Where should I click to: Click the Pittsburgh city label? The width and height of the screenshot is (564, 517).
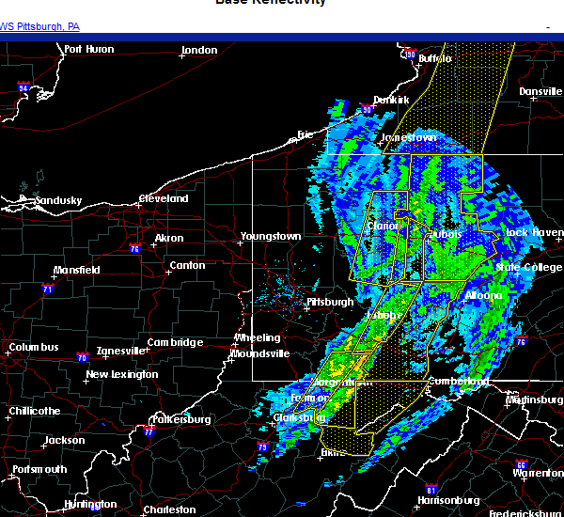[x=331, y=302]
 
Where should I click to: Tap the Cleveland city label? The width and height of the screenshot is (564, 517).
[x=164, y=199]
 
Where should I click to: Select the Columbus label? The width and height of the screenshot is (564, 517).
[x=34, y=348]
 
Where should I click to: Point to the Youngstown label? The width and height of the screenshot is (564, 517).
[x=271, y=236]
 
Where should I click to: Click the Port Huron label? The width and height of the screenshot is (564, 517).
[x=89, y=50]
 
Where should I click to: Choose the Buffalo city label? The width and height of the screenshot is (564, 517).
[x=435, y=58]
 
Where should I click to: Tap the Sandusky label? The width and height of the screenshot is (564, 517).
[x=58, y=200]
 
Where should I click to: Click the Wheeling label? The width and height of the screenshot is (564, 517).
[x=258, y=338]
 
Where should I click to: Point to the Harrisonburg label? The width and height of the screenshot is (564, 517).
[x=447, y=500]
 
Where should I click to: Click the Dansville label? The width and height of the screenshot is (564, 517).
[x=540, y=91]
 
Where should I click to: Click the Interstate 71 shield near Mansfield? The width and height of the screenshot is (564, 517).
[x=47, y=290]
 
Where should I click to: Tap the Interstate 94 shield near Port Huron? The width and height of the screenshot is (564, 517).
[x=23, y=86]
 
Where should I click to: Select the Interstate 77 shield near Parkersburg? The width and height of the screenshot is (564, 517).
[x=149, y=432]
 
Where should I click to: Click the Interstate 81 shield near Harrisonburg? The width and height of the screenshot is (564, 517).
[x=431, y=489]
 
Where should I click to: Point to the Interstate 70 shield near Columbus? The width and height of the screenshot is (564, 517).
[x=82, y=357]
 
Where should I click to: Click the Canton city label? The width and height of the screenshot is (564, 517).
[x=187, y=266]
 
